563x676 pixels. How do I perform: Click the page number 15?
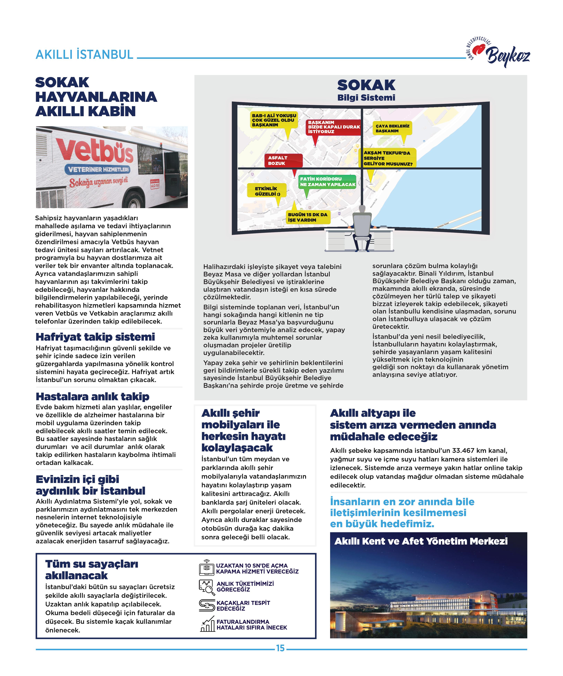tap(280, 648)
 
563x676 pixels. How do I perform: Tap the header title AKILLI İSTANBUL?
tap(84, 55)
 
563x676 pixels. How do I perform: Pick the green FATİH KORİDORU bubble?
tap(327, 182)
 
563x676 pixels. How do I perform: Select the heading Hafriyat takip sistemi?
tap(95, 337)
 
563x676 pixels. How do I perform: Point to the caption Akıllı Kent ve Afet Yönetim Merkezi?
tap(421, 541)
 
